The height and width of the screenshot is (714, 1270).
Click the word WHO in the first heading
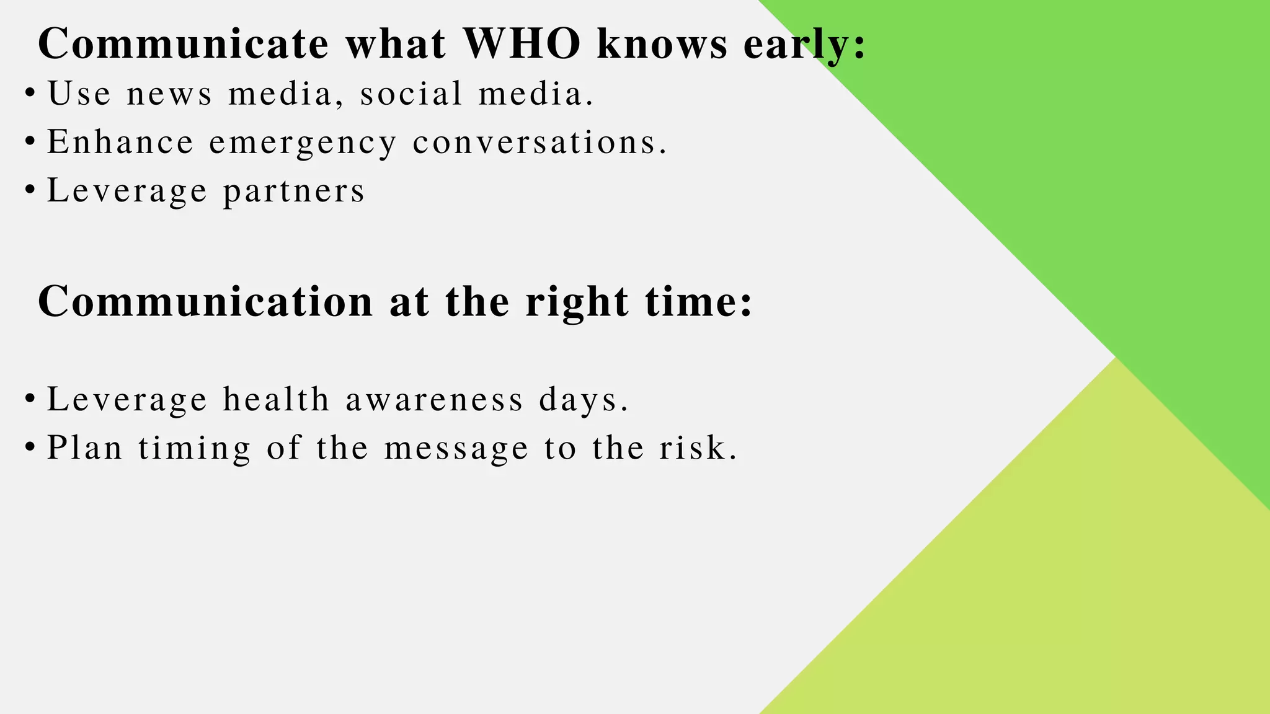522,43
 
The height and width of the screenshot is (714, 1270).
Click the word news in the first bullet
169,94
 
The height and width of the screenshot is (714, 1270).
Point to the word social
411,94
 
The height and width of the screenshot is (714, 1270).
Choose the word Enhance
120,142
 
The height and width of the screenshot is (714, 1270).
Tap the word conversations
540,142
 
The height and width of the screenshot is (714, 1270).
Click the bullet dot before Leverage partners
30,190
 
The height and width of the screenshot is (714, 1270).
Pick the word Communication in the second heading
205,302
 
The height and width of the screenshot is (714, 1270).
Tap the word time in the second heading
698,302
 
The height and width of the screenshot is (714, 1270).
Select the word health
276,399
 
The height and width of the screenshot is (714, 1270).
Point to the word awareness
434,399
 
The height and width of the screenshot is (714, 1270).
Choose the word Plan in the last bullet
85,447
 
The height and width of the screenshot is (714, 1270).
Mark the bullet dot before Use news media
30,94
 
